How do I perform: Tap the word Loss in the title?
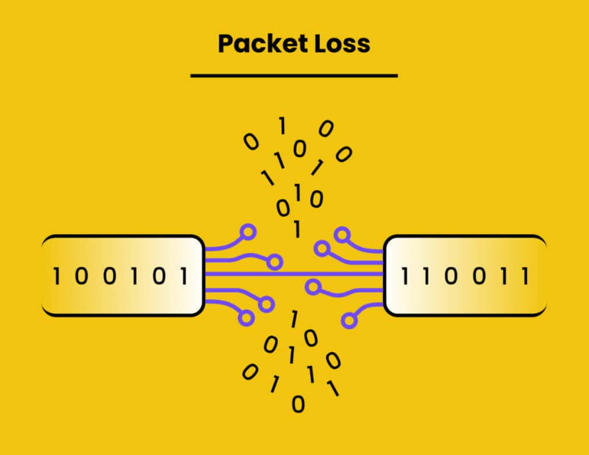click(342, 43)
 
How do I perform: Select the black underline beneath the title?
click(293, 75)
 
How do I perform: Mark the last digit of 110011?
click(526, 276)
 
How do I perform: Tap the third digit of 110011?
click(451, 276)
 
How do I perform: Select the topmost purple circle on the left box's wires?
click(248, 231)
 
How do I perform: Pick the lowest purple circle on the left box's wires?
click(246, 318)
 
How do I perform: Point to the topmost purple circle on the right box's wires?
click(342, 234)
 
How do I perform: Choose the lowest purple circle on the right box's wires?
click(348, 320)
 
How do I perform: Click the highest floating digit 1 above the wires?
click(282, 127)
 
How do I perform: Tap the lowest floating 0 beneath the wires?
click(298, 405)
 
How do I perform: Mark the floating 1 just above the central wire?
click(298, 230)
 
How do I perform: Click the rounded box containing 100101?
click(122, 276)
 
